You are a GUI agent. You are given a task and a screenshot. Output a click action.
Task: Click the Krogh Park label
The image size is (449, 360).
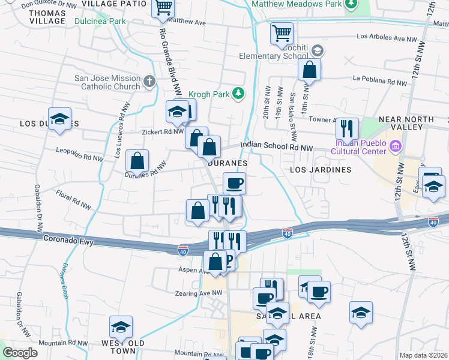pos(209,94)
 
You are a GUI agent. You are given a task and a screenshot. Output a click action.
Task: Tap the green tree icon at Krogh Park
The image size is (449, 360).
pos(239,93)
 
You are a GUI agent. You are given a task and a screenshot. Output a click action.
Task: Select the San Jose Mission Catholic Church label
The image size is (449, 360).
pos(107,82)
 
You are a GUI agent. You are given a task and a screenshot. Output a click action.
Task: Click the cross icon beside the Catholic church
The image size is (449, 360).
pos(149,80)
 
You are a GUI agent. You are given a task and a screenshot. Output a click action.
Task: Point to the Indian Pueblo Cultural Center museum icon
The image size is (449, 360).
pos(395,146)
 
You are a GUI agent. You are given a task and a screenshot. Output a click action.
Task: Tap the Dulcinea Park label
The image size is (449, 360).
pos(100,21)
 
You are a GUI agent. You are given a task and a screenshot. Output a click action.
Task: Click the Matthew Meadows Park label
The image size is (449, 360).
pos(297,4)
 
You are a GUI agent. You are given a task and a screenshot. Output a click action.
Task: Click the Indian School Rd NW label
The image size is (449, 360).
pos(277,146)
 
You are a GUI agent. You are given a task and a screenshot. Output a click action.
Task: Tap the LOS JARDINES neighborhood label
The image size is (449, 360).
pos(321,170)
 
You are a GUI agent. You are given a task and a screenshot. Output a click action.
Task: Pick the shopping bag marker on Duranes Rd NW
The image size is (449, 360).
pos(137,161)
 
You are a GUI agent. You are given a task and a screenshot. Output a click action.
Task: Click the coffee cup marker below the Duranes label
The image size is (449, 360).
pos(234,182)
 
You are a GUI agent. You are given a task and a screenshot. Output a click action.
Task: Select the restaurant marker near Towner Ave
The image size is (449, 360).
pos(347,128)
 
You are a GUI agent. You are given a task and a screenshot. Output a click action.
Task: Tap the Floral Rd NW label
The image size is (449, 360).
pos(73,196)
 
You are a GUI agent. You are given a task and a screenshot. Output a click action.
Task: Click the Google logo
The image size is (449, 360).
pos(20,353)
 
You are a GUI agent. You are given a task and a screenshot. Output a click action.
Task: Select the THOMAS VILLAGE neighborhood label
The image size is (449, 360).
pos(47,17)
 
